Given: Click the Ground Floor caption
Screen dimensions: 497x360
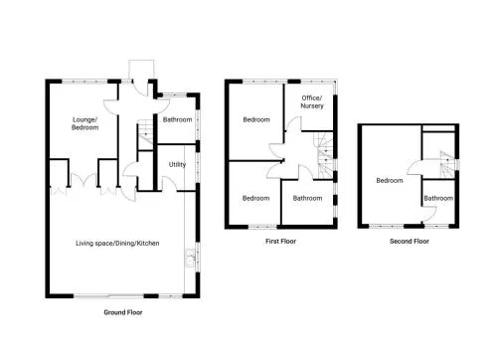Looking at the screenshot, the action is tap(123, 312).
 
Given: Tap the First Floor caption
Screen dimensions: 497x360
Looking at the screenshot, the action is tap(280, 242).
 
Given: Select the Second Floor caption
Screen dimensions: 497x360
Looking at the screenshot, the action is tap(410, 242).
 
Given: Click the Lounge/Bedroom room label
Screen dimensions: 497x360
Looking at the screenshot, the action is tap(85, 123).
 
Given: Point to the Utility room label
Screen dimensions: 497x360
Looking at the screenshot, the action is tap(177, 164).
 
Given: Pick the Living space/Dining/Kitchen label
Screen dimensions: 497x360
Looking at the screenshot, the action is tap(117, 244).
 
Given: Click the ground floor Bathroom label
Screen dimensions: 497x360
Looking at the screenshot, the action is tap(177, 119).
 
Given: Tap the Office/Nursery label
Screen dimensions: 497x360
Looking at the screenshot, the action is tap(312, 101).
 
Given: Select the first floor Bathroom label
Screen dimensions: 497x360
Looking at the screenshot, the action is tap(307, 198).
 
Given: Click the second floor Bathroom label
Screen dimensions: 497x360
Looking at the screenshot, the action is tap(438, 198).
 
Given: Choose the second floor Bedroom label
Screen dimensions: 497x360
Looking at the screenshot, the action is tap(390, 181).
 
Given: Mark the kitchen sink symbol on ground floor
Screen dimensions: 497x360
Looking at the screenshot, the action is tap(190, 258).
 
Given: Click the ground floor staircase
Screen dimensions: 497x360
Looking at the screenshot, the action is tap(145, 134).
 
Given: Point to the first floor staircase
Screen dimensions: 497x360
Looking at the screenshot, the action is tap(324, 155).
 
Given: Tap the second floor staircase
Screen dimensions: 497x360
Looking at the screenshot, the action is tap(447, 164).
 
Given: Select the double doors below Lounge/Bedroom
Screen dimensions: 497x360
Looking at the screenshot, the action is tap(84, 180).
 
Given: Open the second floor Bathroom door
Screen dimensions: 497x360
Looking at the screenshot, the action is tap(429, 214).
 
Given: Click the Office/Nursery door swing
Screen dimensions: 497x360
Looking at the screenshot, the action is tap(293, 124).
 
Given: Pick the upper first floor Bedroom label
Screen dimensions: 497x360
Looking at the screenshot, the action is tap(256, 119).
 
